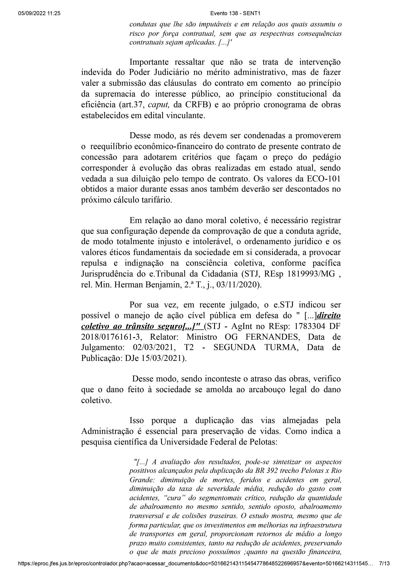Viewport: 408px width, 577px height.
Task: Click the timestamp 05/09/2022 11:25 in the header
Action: (x=39, y=14)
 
